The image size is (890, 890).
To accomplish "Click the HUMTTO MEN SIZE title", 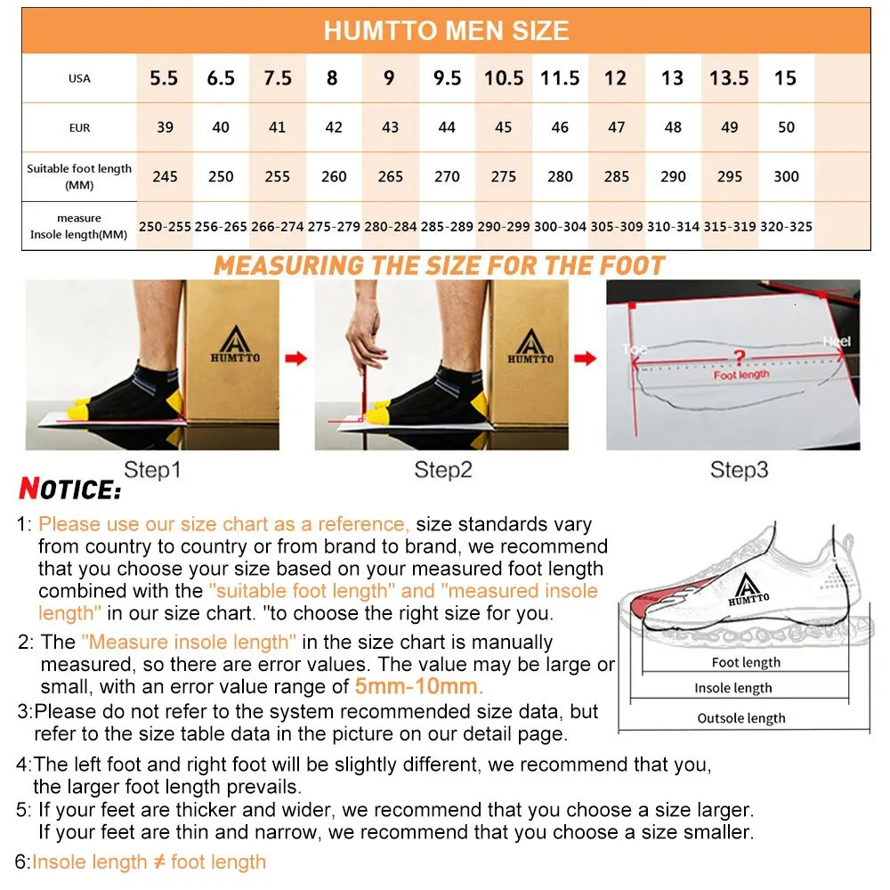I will [x=446, y=31].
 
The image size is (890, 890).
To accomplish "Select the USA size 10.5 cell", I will [x=504, y=78].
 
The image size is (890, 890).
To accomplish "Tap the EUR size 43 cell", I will [x=390, y=127].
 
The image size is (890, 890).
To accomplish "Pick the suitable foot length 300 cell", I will [x=786, y=176].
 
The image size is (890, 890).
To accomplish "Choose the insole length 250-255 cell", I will [x=165, y=227].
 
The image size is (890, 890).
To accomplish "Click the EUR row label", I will [x=79, y=127].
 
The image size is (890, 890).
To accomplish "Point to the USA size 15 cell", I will [x=785, y=78].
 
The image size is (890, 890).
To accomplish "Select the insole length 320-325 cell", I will [x=786, y=227].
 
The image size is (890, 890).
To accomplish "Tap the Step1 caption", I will [x=152, y=470].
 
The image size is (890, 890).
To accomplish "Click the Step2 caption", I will [x=442, y=470].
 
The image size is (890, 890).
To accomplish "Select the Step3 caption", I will [x=739, y=470].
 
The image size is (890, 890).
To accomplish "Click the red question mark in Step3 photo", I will [x=737, y=358].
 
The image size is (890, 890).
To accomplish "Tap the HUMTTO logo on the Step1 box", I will [x=232, y=344].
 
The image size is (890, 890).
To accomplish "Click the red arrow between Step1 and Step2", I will [x=296, y=359].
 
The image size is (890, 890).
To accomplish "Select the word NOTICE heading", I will [x=69, y=489].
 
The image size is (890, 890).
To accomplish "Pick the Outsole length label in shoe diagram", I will [x=741, y=718].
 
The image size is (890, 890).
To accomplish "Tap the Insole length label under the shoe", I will [x=733, y=688].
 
